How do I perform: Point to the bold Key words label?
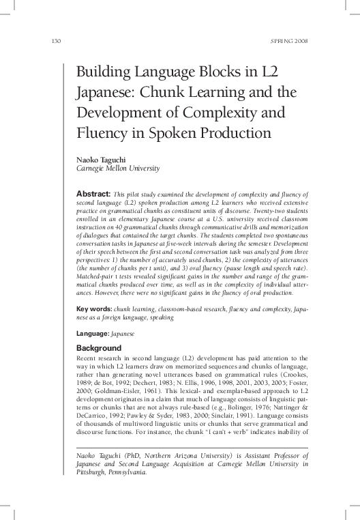[x=90, y=309]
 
